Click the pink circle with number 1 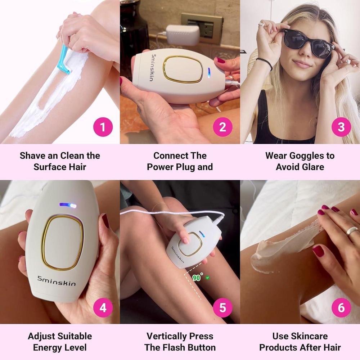click(103, 127)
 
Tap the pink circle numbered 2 click(223, 127)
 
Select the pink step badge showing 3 click(341, 127)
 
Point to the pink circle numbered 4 click(103, 307)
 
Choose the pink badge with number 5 click(223, 307)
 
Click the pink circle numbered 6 click(341, 307)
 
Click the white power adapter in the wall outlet click(183, 35)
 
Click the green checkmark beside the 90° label click(208, 278)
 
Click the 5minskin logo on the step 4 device click(57, 281)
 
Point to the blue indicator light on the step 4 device click(68, 205)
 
